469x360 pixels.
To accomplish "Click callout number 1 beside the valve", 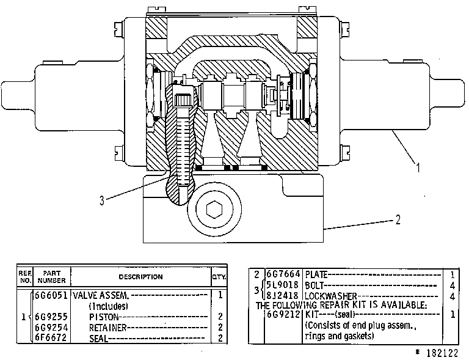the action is pos(418,167).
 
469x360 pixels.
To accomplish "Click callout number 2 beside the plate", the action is pos(398,220).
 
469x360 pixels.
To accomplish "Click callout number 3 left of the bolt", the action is pos(102,200).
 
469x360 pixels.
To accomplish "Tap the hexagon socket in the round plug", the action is pos(214,209).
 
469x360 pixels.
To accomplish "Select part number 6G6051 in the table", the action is pos(51,295).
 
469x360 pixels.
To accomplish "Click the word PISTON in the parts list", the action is pos(104,317).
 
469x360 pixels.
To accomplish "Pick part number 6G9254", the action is pos(51,327).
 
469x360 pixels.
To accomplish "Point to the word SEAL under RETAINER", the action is pos(98,338).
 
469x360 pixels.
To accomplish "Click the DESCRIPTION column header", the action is pos(140,277).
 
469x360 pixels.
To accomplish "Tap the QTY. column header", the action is pos(219,277).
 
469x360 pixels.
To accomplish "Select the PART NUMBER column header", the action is pos(51,277).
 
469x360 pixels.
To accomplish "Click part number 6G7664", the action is pos(283,274).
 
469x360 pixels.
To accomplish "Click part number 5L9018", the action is pos(283,285).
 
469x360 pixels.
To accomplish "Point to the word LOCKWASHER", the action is pos(331,296).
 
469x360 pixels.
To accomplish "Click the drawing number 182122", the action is pos(442,353).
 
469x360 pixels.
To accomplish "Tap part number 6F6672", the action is pos(51,337).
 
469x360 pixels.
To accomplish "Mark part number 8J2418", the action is pos(283,296).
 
